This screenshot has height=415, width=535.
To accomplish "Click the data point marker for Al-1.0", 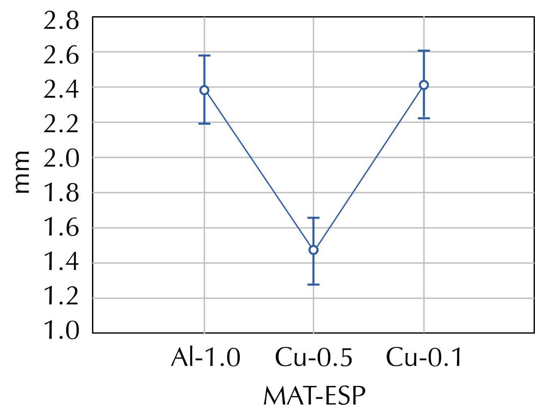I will tap(204, 90).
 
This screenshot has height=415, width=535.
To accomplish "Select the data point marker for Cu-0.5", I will tap(313, 250).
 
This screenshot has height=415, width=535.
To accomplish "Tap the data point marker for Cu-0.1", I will tap(424, 85).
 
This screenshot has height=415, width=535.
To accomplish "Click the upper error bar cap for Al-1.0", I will tap(204, 56).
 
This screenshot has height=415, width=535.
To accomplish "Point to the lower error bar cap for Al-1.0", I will tap(204, 124).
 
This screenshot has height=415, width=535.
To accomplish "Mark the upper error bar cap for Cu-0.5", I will tap(313, 218).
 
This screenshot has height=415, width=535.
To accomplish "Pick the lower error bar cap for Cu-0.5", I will tap(313, 285).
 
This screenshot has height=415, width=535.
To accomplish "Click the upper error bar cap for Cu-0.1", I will tap(424, 51).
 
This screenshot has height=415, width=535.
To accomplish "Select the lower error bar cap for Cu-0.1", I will tap(424, 118).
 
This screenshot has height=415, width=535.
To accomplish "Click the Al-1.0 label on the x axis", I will tap(206, 358).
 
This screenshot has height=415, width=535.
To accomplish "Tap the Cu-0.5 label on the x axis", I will tap(314, 358).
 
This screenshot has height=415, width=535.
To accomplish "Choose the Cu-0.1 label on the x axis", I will tap(424, 358).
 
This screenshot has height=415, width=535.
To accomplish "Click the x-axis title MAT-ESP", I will tap(314, 396).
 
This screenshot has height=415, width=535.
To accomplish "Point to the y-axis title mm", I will tap(22, 172).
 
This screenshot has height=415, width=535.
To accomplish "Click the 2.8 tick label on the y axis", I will tap(61, 21).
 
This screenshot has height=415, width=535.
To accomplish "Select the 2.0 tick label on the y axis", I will tap(61, 158).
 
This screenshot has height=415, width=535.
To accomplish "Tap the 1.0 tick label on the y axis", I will tap(61, 331).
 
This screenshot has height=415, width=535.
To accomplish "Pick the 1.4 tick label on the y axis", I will tap(61, 262).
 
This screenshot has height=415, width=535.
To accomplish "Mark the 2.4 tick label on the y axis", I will tap(61, 90).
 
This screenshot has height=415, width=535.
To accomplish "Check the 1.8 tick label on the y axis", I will tap(61, 193).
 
